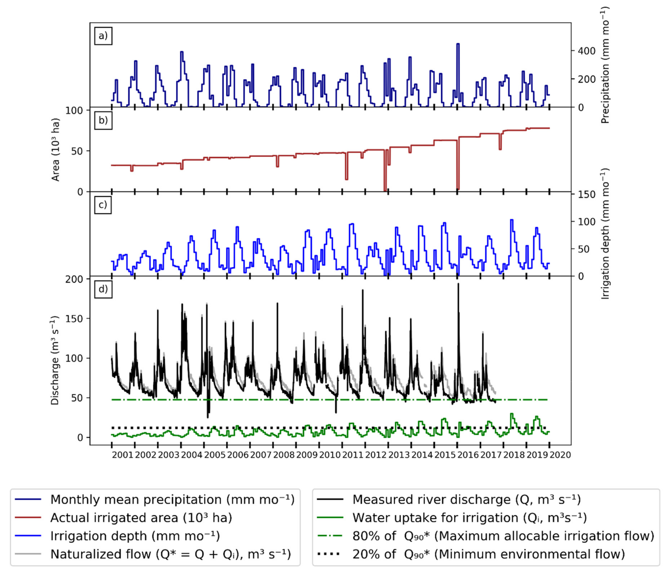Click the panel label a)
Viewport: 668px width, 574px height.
[x=103, y=36]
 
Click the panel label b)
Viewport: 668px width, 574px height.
[x=103, y=120]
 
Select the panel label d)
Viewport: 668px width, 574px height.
[x=103, y=289]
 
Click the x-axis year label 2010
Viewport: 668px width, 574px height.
[x=330, y=455]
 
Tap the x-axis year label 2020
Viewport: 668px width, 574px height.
[x=560, y=455]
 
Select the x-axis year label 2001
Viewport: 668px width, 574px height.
[x=123, y=455]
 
